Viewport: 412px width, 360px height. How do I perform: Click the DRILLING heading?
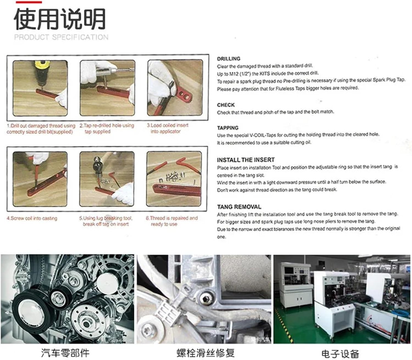pyautogui.click(x=229, y=59)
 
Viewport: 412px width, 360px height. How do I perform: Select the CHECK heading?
pyautogui.click(x=226, y=105)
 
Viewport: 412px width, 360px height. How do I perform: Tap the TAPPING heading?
pyautogui.click(x=228, y=128)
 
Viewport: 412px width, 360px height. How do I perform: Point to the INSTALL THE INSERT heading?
pyautogui.click(x=246, y=160)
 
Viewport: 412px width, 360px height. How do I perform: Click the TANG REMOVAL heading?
pyautogui.click(x=239, y=207)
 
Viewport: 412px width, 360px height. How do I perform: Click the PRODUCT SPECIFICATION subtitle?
pyautogui.click(x=61, y=37)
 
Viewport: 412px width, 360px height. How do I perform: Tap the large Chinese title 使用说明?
pyautogui.click(x=60, y=19)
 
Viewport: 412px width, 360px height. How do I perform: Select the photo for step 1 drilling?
pyautogui.click(x=40, y=88)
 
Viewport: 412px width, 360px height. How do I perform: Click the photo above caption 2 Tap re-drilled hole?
pyautogui.click(x=107, y=88)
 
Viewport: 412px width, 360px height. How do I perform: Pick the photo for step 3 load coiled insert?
pyautogui.click(x=175, y=88)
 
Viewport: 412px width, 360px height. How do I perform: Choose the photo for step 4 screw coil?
pyautogui.click(x=40, y=179)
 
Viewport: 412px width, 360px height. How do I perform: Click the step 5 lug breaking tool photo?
pyautogui.click(x=107, y=179)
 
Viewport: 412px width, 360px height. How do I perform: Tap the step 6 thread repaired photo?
pyautogui.click(x=174, y=179)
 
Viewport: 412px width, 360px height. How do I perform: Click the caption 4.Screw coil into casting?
pyautogui.click(x=32, y=218)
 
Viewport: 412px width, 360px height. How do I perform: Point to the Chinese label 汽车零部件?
pyautogui.click(x=65, y=353)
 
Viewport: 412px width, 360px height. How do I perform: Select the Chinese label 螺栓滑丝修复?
pyautogui.click(x=205, y=353)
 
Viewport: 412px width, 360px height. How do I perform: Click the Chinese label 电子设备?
pyautogui.click(x=340, y=353)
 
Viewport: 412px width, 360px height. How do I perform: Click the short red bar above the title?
pyautogui.click(x=29, y=2)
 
